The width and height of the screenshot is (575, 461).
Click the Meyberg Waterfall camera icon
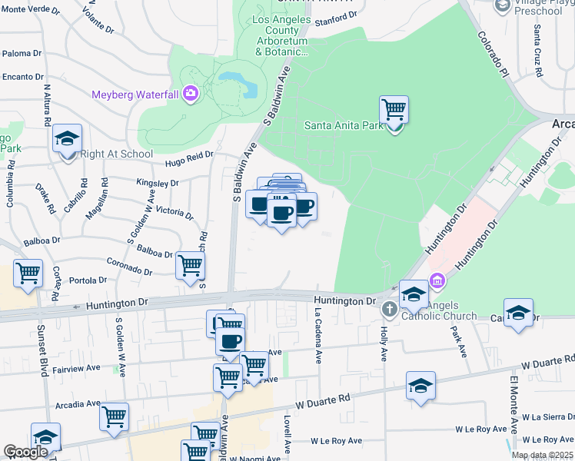coord(190,95)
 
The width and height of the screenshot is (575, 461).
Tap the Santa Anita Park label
coord(343,125)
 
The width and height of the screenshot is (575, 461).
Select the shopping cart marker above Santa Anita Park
coord(394,110)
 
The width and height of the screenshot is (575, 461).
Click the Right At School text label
coord(117,154)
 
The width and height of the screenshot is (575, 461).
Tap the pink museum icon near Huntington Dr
coord(437,282)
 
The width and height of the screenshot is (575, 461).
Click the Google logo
coord(25,452)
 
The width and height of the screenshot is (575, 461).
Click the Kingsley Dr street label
coord(157,184)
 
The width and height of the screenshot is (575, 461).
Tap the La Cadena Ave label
coord(317,335)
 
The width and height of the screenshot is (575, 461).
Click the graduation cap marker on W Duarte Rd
coord(420,386)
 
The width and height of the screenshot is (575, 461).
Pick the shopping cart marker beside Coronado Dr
coord(190,266)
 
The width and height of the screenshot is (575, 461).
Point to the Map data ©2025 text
coord(542,455)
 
